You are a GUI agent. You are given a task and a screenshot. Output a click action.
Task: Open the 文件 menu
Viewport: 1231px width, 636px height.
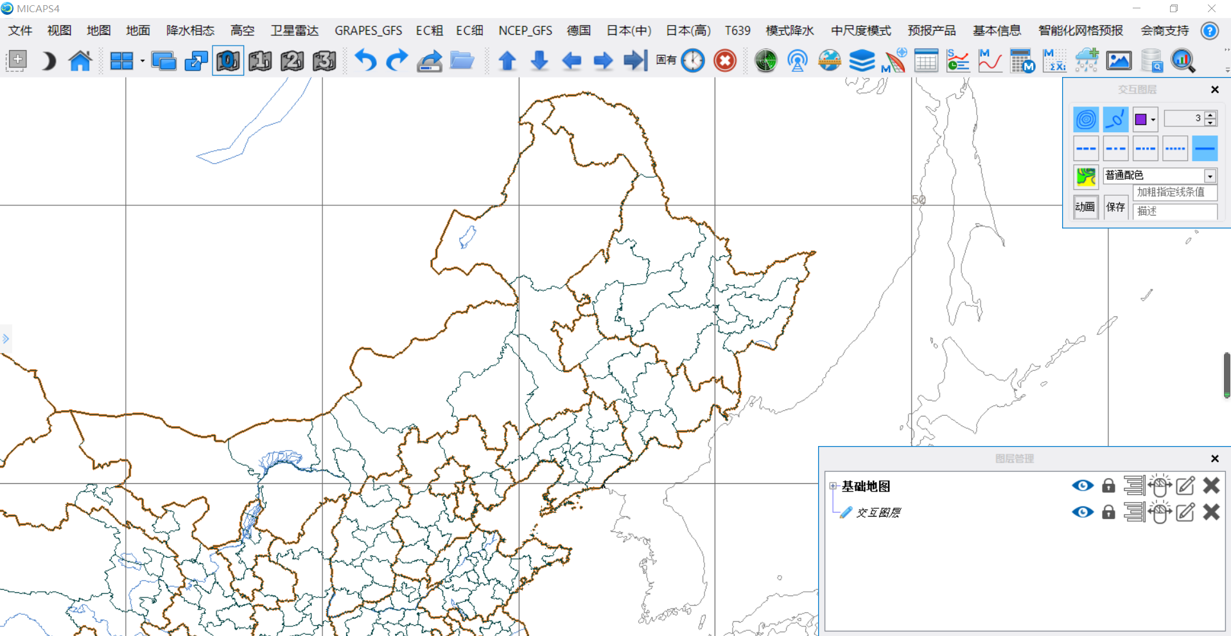20,31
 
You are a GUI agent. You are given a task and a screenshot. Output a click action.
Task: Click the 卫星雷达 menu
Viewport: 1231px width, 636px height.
294,31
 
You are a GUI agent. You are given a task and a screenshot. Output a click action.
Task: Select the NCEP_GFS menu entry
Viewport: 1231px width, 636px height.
525,31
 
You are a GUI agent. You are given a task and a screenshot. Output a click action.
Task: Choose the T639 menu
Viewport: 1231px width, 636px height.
737,31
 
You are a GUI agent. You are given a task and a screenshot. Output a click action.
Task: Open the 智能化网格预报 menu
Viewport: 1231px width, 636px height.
1080,31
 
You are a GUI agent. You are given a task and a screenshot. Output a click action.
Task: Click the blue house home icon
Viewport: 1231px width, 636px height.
80,61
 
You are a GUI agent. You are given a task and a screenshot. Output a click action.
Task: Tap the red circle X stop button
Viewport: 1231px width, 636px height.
725,61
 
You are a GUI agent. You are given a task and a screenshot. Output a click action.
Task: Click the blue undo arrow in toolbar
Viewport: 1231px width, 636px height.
365,61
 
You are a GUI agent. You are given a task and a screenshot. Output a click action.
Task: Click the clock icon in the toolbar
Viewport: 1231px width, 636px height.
693,61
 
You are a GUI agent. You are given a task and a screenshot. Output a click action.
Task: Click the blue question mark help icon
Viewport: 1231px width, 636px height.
1209,31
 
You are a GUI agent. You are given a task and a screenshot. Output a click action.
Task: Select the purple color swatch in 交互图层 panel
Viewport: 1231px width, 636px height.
1140,119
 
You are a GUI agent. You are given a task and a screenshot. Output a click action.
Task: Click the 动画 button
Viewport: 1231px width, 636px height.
1085,207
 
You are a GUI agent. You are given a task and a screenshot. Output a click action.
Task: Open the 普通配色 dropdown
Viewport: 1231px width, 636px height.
1210,175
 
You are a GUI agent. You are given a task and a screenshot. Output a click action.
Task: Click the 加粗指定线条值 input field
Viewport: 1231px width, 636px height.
1174,192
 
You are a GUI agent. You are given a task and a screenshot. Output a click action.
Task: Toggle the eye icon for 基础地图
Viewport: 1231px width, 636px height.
1083,486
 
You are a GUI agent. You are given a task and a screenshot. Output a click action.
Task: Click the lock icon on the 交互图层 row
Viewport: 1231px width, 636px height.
1108,512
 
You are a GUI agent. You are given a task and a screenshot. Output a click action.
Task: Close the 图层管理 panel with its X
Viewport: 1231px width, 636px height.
1214,458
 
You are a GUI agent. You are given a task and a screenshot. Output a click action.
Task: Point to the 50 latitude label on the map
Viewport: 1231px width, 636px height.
919,200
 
